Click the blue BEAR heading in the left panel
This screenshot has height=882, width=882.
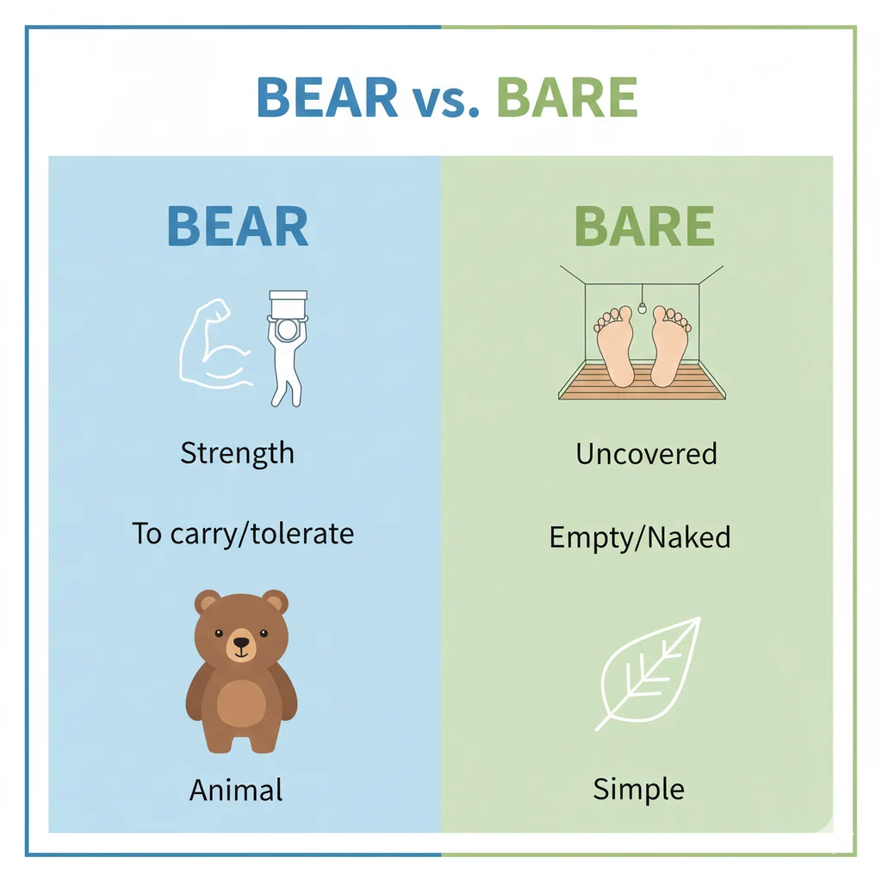point(237,226)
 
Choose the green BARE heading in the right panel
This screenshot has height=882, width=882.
point(643,226)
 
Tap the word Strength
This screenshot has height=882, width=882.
point(237,453)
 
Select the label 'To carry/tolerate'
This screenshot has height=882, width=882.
point(243,533)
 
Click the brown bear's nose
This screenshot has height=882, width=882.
point(241,642)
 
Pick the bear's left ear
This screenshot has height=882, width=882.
point(208,602)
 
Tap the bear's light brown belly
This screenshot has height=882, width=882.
point(241,702)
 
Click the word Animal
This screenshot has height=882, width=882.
point(236,789)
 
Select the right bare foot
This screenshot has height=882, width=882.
point(669,345)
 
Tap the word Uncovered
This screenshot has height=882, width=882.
point(646,454)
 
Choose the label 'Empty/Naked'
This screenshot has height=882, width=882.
point(640,537)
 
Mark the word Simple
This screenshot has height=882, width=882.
point(638,789)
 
